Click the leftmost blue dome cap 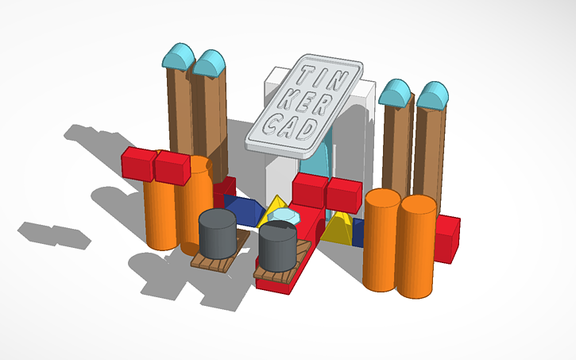point(178,58)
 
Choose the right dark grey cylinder point(277,245)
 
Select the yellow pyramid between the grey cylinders point(276,208)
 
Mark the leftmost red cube point(138,163)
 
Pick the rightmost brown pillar point(430,151)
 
